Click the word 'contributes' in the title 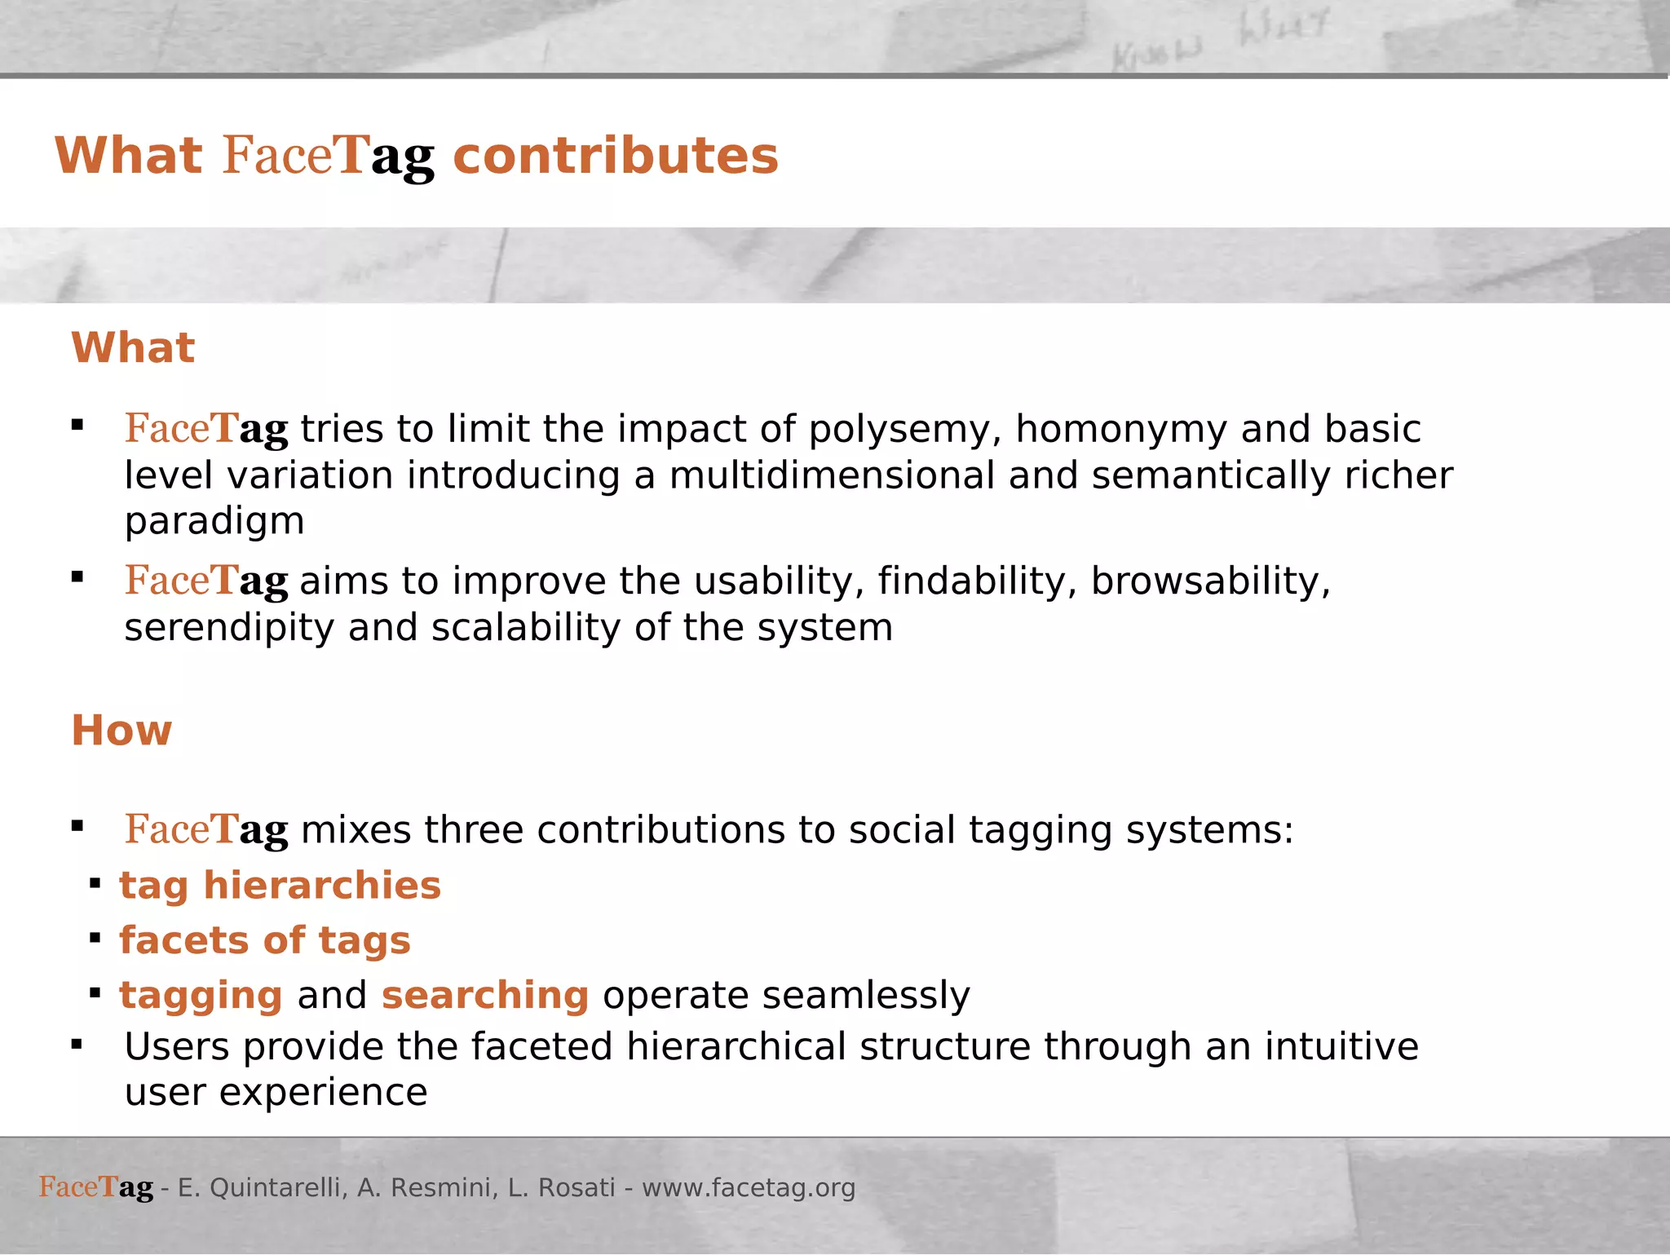(616, 156)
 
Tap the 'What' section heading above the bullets (133, 348)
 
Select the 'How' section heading (121, 731)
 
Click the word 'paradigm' (214, 522)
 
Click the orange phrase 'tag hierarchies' (280, 886)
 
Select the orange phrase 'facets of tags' (265, 941)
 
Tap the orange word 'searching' (484, 996)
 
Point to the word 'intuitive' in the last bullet (1341, 1047)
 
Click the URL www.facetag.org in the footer (748, 1188)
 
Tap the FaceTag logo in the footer (96, 1187)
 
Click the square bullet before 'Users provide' (77, 1045)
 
